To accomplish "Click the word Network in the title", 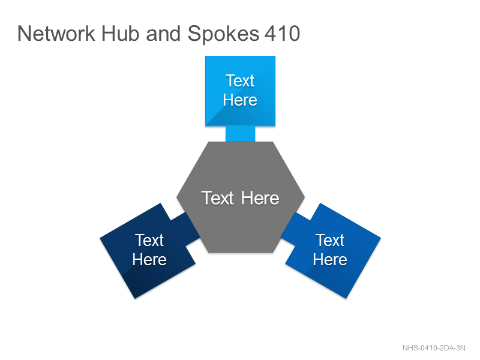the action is pyautogui.click(x=56, y=34).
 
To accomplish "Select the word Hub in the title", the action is pyautogui.click(x=121, y=34).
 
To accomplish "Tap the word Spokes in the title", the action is pyautogui.click(x=223, y=34).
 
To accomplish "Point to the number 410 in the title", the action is pyautogui.click(x=282, y=34).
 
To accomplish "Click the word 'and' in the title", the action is pyautogui.click(x=163, y=34).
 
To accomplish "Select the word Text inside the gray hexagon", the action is pyautogui.click(x=217, y=198).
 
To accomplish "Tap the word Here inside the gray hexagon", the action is pyautogui.click(x=260, y=198).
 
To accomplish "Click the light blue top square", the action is pyautogui.click(x=241, y=91).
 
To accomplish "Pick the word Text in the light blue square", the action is pyautogui.click(x=240, y=81).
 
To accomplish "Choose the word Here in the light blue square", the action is pyautogui.click(x=240, y=100).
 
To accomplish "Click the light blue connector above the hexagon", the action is pyautogui.click(x=241, y=134).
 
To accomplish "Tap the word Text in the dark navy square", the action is pyautogui.click(x=149, y=240).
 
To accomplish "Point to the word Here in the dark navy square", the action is pyautogui.click(x=149, y=260).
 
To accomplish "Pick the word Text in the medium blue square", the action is pyautogui.click(x=330, y=240).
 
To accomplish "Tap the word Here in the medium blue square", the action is pyautogui.click(x=330, y=260).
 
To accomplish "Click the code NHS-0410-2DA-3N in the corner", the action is pyautogui.click(x=434, y=348).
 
